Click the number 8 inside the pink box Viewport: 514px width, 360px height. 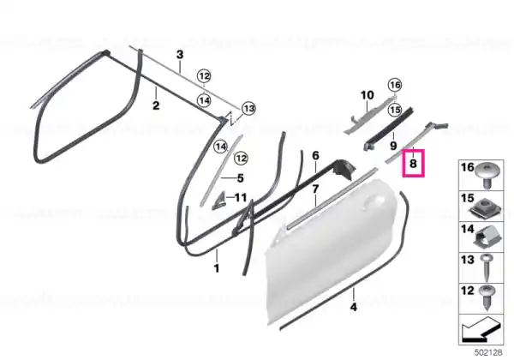[x=413, y=163]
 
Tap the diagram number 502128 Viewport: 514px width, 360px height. [x=488, y=352]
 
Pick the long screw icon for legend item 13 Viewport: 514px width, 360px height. [x=486, y=267]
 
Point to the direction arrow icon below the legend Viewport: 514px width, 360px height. [x=481, y=330]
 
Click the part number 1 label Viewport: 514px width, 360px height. [x=217, y=268]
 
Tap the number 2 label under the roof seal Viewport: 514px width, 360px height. [x=156, y=105]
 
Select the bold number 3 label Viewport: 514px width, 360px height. [x=180, y=54]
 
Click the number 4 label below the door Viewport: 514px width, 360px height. [x=353, y=307]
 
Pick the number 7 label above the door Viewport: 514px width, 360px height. [x=315, y=189]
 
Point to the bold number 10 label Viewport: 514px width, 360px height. [x=368, y=95]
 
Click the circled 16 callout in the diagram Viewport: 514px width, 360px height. [x=395, y=85]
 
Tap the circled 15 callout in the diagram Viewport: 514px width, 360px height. [x=395, y=110]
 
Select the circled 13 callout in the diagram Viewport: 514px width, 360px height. [x=248, y=108]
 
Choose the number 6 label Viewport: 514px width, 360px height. [x=315, y=155]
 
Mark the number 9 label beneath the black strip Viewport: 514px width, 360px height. [x=394, y=145]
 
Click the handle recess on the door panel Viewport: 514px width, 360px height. [x=373, y=201]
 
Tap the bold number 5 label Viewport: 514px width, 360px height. [x=240, y=178]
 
